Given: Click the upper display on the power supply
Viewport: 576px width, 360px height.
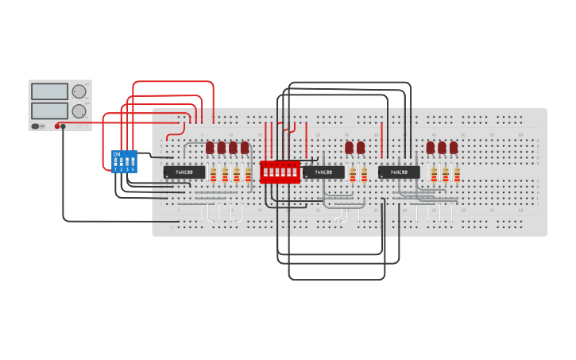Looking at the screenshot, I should click(x=49, y=91).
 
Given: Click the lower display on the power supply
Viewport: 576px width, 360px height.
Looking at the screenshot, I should click(x=49, y=111).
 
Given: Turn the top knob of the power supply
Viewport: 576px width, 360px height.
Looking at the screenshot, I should click(x=79, y=91).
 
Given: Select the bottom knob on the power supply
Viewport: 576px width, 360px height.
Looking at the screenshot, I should click(x=79, y=111).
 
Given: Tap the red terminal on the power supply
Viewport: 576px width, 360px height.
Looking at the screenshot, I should click(x=57, y=126).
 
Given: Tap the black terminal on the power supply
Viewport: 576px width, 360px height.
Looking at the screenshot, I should click(x=64, y=126).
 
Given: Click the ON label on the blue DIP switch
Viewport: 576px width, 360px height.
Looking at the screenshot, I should click(x=117, y=153).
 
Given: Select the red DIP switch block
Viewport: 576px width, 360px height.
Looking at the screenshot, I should click(x=280, y=172).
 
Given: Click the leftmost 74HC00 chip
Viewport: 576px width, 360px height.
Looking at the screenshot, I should click(x=184, y=172).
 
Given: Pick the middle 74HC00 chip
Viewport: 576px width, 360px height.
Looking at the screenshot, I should click(x=323, y=172).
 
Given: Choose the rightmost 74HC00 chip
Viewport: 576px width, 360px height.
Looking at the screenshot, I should click(x=399, y=172).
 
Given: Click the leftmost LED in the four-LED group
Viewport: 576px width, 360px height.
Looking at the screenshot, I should click(x=210, y=147).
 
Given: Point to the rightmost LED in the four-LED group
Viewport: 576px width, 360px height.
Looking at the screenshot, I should click(x=245, y=147).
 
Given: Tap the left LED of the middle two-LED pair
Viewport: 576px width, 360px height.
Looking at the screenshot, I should click(x=349, y=147).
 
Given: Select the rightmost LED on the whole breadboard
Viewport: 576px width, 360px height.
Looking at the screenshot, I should click(x=454, y=147).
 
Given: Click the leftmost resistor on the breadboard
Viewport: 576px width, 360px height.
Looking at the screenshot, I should click(x=213, y=175).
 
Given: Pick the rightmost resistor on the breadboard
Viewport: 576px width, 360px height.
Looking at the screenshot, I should click(x=457, y=175).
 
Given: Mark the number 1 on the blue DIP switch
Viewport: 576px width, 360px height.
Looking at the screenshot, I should click(x=115, y=169).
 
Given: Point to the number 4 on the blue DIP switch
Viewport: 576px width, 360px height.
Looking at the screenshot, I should click(x=133, y=169).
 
